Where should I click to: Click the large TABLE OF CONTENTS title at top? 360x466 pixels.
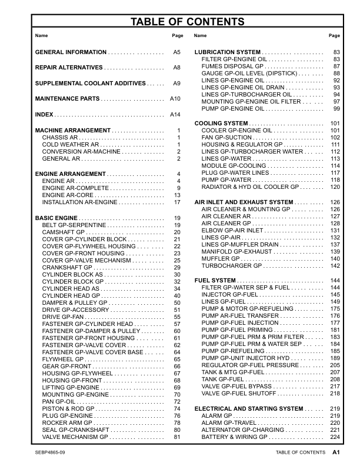pos(179,23)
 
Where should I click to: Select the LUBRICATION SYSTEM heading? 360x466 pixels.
pos(227,52)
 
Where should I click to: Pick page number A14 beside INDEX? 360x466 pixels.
pos(175,114)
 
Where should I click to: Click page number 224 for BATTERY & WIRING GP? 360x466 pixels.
pos(335,437)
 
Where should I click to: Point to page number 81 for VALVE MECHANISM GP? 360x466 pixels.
pos(176,437)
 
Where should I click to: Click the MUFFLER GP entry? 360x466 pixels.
pos(221,259)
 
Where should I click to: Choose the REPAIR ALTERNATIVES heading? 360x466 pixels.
pos(69,68)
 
